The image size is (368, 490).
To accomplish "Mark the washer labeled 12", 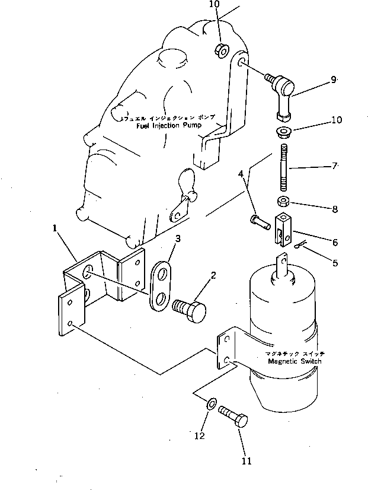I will (x=210, y=405).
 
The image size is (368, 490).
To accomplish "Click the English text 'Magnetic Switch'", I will (x=295, y=361).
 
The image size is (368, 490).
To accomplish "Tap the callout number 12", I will (x=200, y=436).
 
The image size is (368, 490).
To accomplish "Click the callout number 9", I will (x=333, y=79).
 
